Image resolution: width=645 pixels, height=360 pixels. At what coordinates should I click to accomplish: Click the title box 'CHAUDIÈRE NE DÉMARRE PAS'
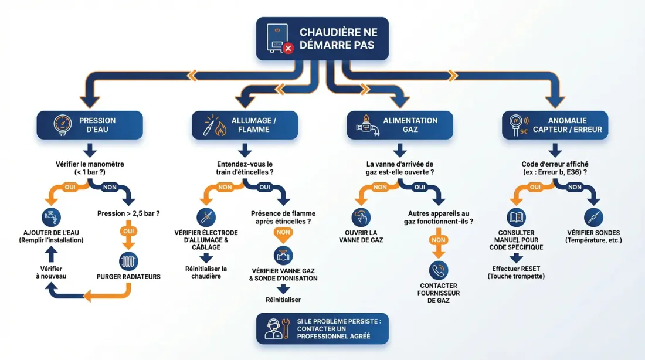click(322, 38)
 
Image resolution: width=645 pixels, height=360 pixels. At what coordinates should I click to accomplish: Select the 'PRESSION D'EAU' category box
click(90, 125)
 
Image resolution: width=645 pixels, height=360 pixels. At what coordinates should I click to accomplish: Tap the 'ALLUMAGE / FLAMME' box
click(245, 125)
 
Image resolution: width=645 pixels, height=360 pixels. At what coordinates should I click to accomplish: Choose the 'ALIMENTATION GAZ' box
click(399, 125)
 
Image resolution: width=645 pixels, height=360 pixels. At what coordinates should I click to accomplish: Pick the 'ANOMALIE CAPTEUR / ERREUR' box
click(555, 125)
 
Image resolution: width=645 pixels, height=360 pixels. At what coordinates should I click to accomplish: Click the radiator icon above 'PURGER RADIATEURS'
click(128, 260)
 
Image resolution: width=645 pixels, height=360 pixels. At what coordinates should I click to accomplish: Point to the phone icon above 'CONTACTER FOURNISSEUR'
click(439, 270)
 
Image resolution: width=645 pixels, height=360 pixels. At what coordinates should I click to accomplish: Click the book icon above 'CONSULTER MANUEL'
click(516, 217)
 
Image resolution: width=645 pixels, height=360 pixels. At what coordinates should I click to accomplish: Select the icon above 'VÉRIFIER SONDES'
click(593, 217)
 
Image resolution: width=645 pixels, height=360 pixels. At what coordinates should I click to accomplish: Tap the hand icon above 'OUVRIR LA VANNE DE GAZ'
click(361, 217)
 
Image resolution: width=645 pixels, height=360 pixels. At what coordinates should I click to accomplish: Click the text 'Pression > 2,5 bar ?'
click(128, 213)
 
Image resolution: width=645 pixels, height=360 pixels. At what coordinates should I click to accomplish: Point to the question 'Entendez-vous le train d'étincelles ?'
click(245, 168)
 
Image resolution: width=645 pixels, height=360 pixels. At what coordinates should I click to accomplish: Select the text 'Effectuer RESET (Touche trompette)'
click(516, 272)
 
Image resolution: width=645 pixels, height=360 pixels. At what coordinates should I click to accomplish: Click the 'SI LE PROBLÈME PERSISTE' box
click(322, 328)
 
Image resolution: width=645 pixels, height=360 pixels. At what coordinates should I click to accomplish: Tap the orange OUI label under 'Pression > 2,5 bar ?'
click(128, 231)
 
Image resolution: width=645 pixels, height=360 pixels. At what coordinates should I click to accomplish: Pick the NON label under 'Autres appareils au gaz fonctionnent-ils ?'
click(439, 240)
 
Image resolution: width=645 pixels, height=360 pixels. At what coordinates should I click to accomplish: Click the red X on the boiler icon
click(288, 48)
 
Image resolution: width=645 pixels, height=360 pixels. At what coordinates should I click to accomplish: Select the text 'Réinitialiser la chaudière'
click(206, 272)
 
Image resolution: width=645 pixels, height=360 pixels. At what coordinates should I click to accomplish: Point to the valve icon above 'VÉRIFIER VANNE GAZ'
click(283, 256)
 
